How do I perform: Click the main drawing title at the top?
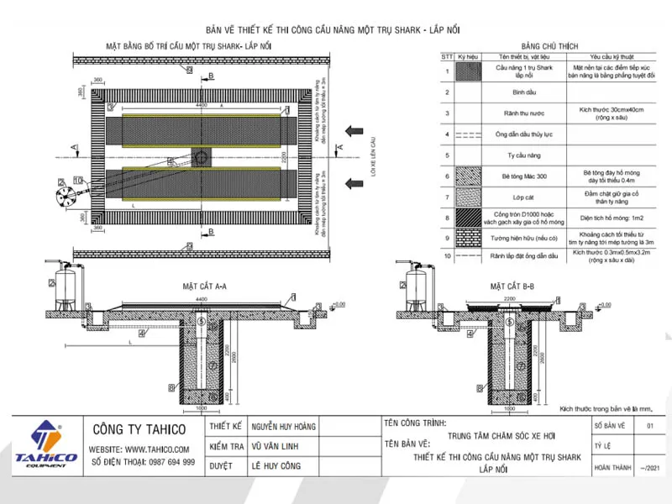[x=335, y=28]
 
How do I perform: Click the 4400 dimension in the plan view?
[x=201, y=106]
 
